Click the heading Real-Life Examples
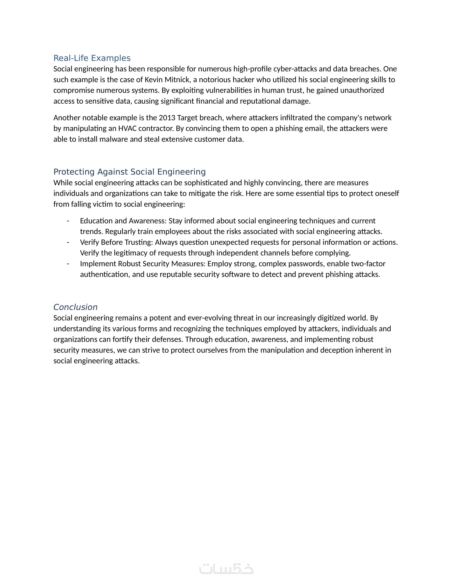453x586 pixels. tap(92, 58)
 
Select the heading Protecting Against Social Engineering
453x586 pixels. tap(129, 172)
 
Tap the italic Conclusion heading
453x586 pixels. tap(75, 307)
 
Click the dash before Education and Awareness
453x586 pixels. tap(68, 221)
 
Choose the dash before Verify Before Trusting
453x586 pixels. tap(68, 242)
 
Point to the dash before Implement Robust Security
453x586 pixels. tap(68, 264)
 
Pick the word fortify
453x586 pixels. tap(131, 339)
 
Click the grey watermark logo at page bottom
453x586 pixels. tap(226, 569)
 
